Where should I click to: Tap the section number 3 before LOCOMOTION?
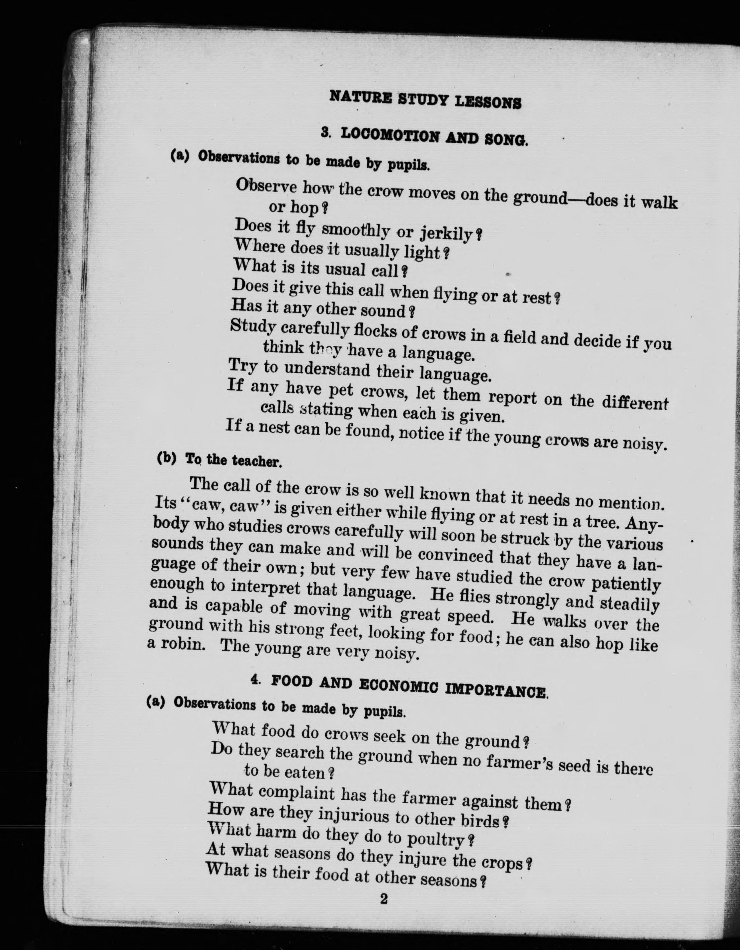pos(325,133)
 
